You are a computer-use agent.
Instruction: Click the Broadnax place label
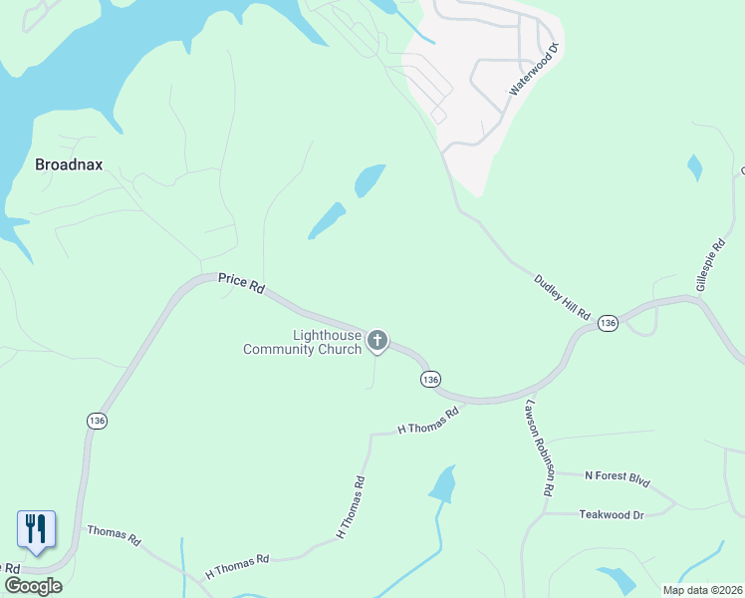70,165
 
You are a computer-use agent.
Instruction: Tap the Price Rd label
241,285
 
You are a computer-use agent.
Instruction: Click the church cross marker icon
377,341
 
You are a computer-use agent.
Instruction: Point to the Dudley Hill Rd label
563,297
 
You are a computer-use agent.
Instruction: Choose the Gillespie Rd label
710,265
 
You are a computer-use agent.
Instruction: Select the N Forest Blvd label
617,479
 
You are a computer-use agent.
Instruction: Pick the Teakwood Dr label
612,514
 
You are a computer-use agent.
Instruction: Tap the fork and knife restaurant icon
36,528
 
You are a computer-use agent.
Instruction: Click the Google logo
33,586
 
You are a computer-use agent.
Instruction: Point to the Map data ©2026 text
702,590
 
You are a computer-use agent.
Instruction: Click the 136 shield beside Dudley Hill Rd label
608,323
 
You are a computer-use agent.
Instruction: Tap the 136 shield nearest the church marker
429,380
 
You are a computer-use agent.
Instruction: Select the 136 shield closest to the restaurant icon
97,422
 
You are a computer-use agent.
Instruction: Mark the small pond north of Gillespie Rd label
694,167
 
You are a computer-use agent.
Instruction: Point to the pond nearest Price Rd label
327,220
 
